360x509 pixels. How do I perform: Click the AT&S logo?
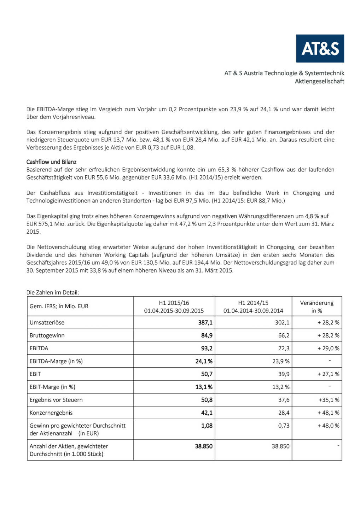tap(320, 48)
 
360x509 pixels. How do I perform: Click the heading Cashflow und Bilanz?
tap(51, 162)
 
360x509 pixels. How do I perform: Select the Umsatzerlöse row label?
tap(47, 322)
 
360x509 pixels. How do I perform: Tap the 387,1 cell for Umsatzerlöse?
tap(205, 322)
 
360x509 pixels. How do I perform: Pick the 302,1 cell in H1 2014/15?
tap(282, 322)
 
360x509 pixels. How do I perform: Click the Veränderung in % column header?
tap(317, 306)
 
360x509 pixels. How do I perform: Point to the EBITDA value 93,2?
tap(207, 348)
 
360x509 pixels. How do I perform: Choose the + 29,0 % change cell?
tap(328, 348)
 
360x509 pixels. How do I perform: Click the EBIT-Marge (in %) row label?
tap(52, 387)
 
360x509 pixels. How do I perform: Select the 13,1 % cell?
tap(204, 387)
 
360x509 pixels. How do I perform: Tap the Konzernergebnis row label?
tap(51, 413)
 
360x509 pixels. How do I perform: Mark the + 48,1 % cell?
tap(328, 413)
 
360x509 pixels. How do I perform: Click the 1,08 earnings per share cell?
tap(207, 426)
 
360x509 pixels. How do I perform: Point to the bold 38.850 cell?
tap(204, 446)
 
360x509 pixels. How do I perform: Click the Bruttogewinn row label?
tap(47, 335)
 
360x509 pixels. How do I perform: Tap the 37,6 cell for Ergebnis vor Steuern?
tap(284, 400)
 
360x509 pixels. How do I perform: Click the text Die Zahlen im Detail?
tap(53, 292)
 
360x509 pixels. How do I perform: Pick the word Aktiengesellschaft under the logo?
tap(319, 81)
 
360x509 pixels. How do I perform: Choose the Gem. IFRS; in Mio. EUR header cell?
tap(59, 306)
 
